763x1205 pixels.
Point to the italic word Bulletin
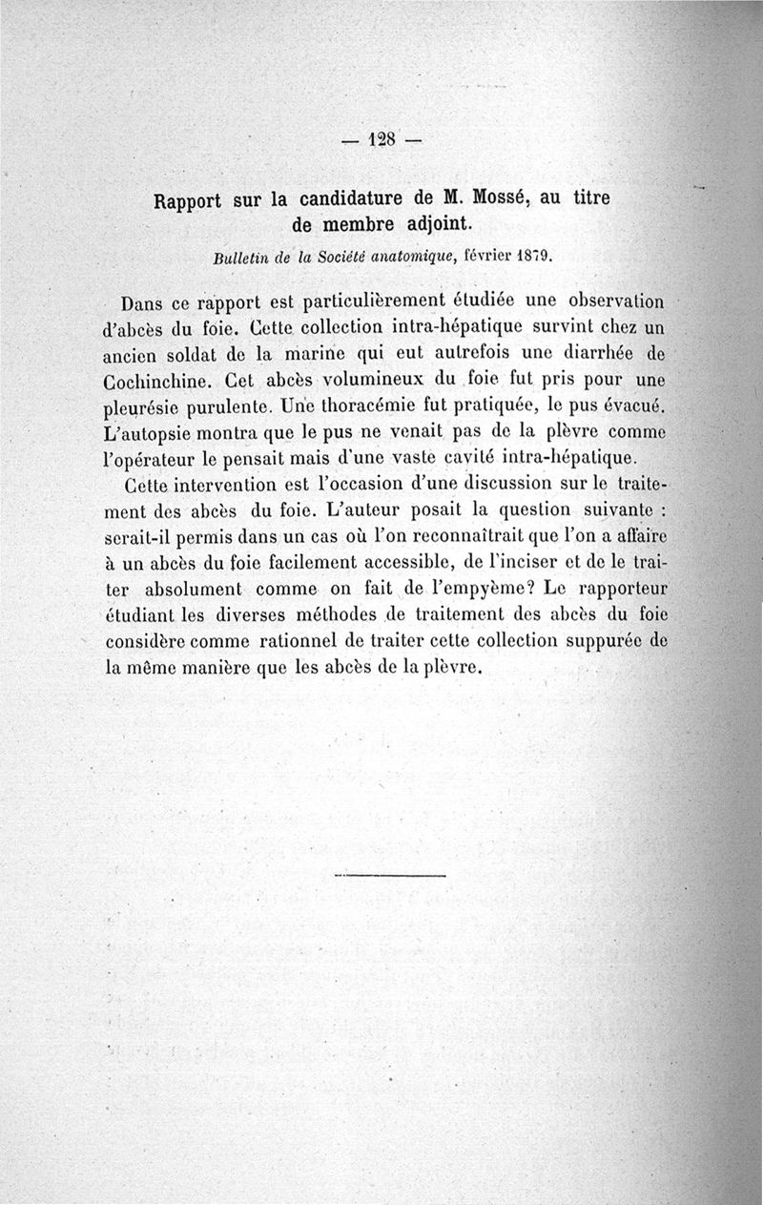click(x=244, y=257)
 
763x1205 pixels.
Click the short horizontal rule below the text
click(x=391, y=875)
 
